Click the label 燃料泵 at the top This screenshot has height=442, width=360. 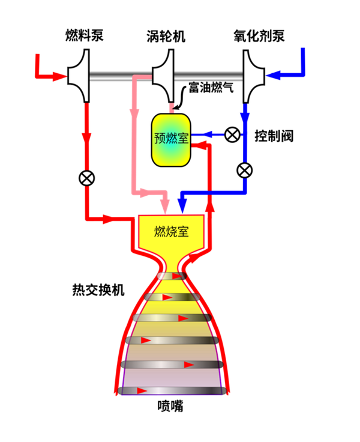84,35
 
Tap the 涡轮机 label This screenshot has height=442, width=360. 166,37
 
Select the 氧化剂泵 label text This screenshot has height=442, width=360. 259,36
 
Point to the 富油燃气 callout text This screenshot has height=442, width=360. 211,87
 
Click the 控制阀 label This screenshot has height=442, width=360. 274,136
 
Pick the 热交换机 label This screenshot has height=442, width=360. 98,290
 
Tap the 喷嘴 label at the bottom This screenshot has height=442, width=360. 170,406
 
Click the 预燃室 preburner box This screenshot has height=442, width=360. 171,140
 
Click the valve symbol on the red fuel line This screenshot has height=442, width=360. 87,178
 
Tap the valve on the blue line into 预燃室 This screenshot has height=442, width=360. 232,135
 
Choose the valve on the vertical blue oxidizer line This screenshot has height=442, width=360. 245,171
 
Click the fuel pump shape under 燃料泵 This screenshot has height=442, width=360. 79,76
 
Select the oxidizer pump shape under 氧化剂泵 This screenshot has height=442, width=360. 253,76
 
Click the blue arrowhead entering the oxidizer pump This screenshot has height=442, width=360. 272,75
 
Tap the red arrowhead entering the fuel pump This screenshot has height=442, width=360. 60,76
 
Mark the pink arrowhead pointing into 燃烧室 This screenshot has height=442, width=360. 165,207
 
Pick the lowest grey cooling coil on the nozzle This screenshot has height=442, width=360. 172,390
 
